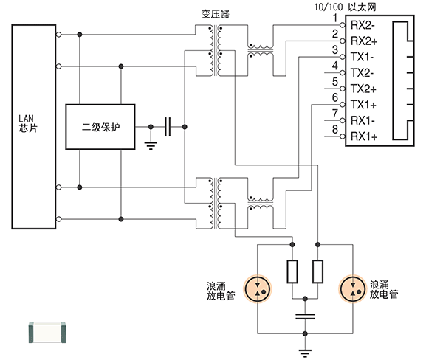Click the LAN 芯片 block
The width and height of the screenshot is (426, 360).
[32, 125]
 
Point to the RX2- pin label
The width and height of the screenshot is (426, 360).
[363, 25]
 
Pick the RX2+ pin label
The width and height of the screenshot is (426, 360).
[363, 41]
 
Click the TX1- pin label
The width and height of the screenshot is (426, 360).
[363, 57]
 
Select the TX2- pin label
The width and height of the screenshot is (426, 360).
[363, 73]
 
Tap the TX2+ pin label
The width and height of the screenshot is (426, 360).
[363, 89]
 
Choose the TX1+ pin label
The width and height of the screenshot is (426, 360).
[363, 105]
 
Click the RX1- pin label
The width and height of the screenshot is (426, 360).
[363, 121]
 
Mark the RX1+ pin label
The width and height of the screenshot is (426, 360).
[363, 136]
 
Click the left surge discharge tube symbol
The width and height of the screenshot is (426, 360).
[258, 289]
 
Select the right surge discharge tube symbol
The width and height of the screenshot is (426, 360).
[352, 289]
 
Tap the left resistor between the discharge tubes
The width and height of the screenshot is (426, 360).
[292, 271]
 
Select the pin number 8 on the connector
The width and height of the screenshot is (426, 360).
[335, 130]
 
